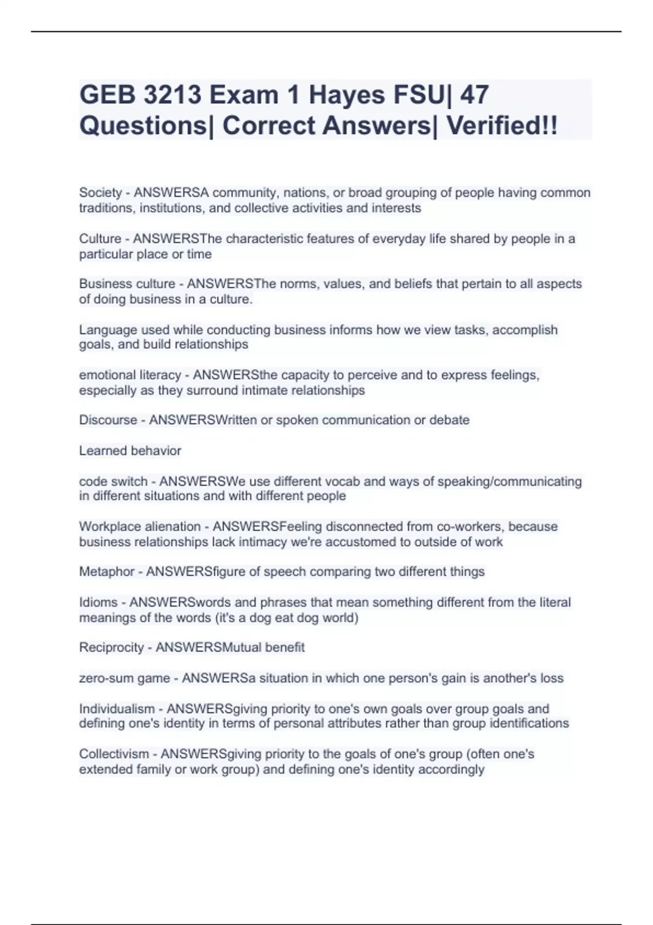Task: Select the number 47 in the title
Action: click(474, 95)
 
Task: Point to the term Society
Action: click(101, 193)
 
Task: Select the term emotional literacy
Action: click(130, 375)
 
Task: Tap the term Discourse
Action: click(108, 420)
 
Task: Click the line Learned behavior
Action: click(130, 451)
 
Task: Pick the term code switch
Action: click(113, 482)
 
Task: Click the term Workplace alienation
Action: click(140, 527)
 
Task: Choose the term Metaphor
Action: click(107, 572)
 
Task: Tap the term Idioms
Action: click(98, 602)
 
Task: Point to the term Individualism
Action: click(117, 709)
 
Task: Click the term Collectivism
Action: click(114, 754)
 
